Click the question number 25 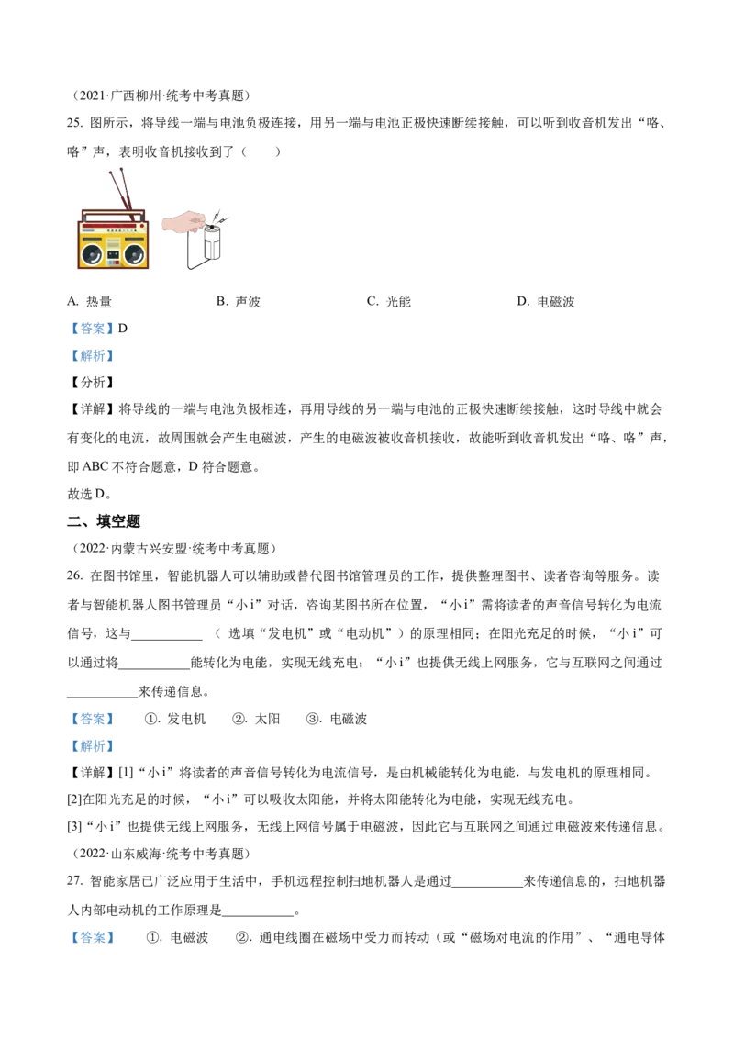(75, 123)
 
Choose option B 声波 (239, 301)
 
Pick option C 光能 (389, 301)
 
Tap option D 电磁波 (546, 301)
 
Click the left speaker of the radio (92, 254)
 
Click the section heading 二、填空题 (104, 521)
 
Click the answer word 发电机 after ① (186, 719)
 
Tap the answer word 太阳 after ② (268, 719)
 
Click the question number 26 (75, 575)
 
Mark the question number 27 (75, 880)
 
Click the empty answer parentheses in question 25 (261, 151)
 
